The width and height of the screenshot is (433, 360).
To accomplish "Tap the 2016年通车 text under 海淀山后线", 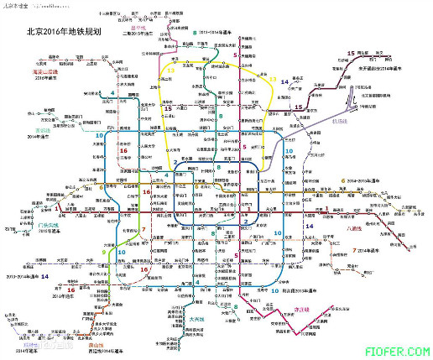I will (44, 80).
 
